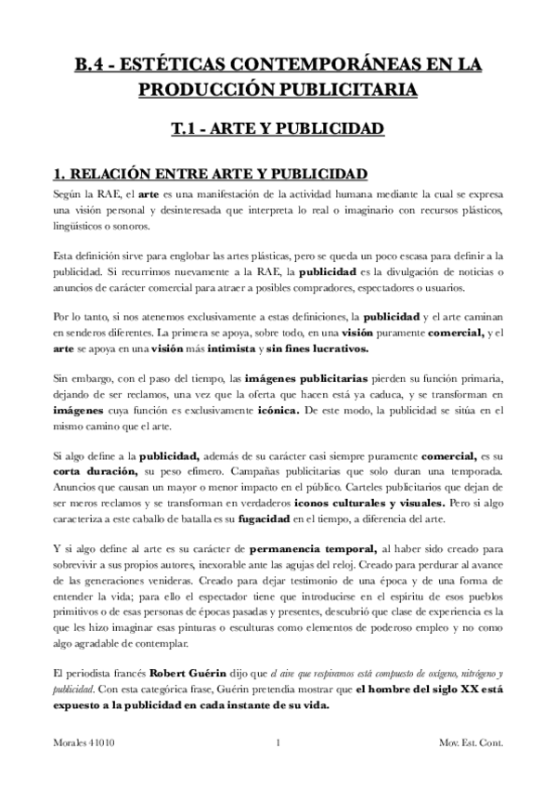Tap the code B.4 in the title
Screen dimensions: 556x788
tap(91, 64)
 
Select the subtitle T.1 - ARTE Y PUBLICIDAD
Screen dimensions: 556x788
tap(278, 127)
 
